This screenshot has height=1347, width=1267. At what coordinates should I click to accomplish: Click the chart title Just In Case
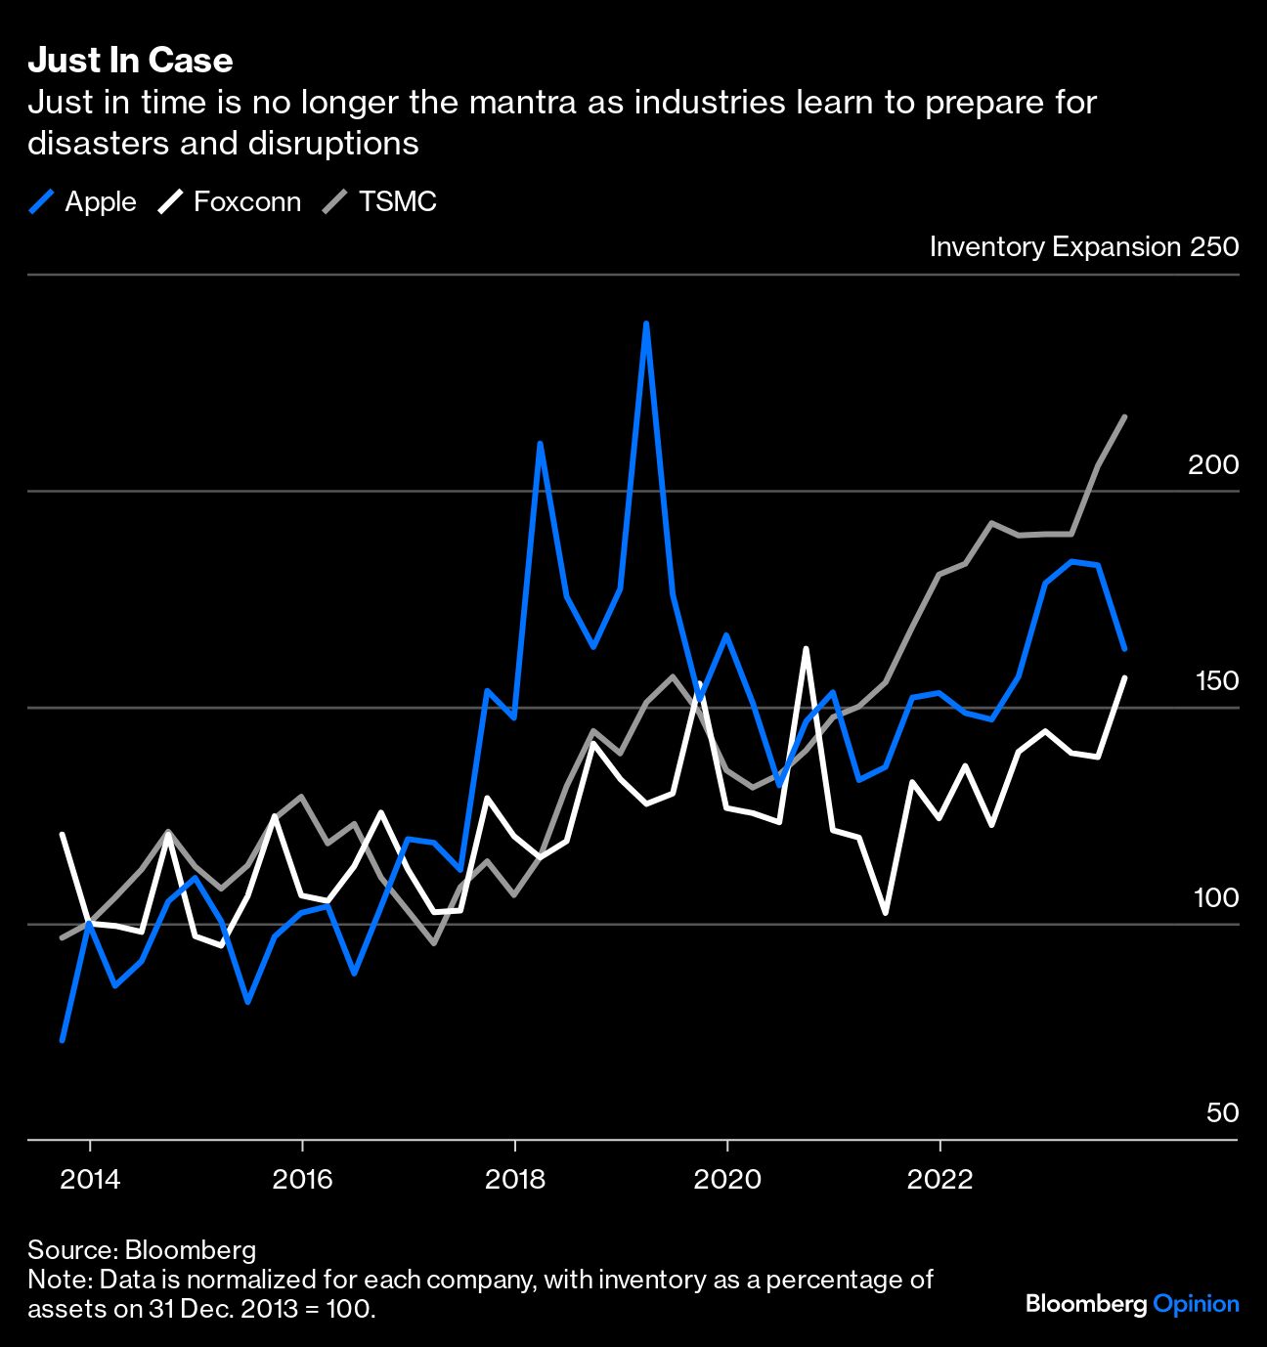[x=130, y=61]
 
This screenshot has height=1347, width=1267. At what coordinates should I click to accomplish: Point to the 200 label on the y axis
[x=1212, y=465]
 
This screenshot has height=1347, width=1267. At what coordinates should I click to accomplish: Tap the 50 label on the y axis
[x=1222, y=1113]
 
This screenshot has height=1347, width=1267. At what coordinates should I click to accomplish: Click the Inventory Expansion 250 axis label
[x=1083, y=246]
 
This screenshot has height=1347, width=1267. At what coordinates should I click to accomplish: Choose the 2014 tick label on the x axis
[x=90, y=1179]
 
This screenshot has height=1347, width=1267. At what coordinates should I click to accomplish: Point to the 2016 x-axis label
[x=302, y=1179]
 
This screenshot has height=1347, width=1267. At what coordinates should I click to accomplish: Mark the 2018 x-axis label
[x=515, y=1179]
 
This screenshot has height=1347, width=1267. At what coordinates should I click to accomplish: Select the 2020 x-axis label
[x=726, y=1179]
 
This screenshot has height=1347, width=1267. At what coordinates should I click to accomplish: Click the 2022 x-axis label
[x=939, y=1179]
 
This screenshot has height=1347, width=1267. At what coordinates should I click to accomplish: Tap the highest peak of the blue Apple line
[x=646, y=324]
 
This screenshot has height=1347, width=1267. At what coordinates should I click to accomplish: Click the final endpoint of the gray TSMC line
[x=1124, y=417]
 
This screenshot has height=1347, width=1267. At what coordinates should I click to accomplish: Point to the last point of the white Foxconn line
[x=1124, y=677]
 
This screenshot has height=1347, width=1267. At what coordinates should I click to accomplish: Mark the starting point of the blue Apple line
[x=63, y=1039]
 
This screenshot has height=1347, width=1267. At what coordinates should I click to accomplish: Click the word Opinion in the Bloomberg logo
[x=1196, y=1304]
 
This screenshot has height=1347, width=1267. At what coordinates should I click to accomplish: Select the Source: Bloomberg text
[x=142, y=1250]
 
